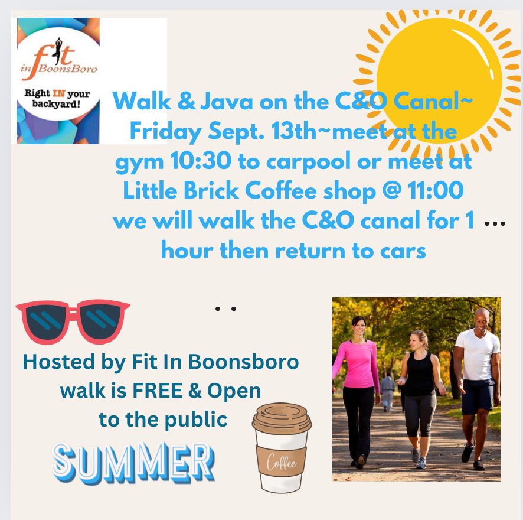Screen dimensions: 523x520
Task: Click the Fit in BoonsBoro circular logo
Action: (x=58, y=74)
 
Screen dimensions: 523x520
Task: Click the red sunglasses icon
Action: (x=73, y=321)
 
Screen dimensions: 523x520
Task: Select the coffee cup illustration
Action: (x=282, y=448)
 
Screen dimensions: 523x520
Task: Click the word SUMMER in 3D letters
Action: (x=133, y=463)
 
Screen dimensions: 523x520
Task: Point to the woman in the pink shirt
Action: (x=356, y=391)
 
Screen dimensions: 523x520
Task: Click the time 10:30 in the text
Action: (x=201, y=161)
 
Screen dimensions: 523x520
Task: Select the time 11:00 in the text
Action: (x=436, y=190)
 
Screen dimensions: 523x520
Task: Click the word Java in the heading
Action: (x=227, y=101)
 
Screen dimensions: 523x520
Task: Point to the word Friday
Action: (x=165, y=132)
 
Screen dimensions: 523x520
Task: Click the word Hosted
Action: (x=58, y=362)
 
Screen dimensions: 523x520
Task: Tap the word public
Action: (x=196, y=420)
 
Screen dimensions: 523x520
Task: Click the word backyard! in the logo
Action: (x=56, y=104)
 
